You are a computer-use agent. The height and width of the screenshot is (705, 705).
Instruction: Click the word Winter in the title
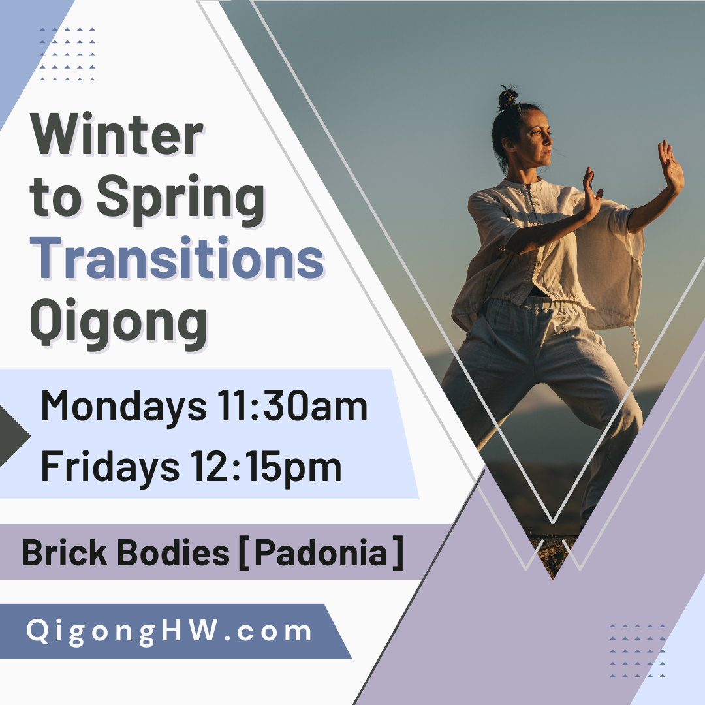coord(117,135)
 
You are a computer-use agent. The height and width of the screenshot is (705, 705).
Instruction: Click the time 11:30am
coord(292,406)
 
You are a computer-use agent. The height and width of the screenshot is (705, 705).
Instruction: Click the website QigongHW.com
coord(169,631)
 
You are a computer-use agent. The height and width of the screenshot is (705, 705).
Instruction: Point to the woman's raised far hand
coord(670,166)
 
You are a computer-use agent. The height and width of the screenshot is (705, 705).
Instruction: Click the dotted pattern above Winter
coord(67,54)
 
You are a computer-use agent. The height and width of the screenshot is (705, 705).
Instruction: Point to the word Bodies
coord(173,553)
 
